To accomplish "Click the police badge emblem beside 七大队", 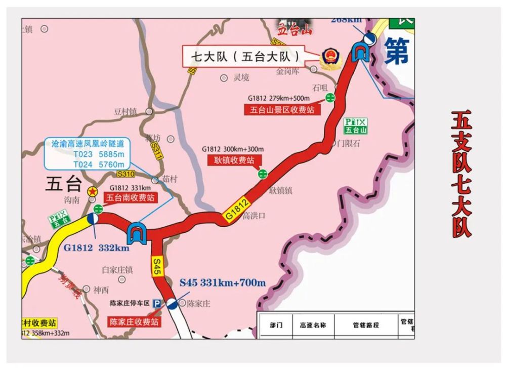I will point(331,57).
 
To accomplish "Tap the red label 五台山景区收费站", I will point(282,110).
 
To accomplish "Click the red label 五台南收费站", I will point(130,198).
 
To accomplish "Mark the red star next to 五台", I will point(93,192).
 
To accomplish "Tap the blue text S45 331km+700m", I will point(223,282).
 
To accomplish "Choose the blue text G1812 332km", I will point(96,248).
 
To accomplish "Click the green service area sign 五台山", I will point(356,126).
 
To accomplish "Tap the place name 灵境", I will point(241,78).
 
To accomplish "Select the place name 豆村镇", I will point(125,111).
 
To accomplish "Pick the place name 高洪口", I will point(254,216).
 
